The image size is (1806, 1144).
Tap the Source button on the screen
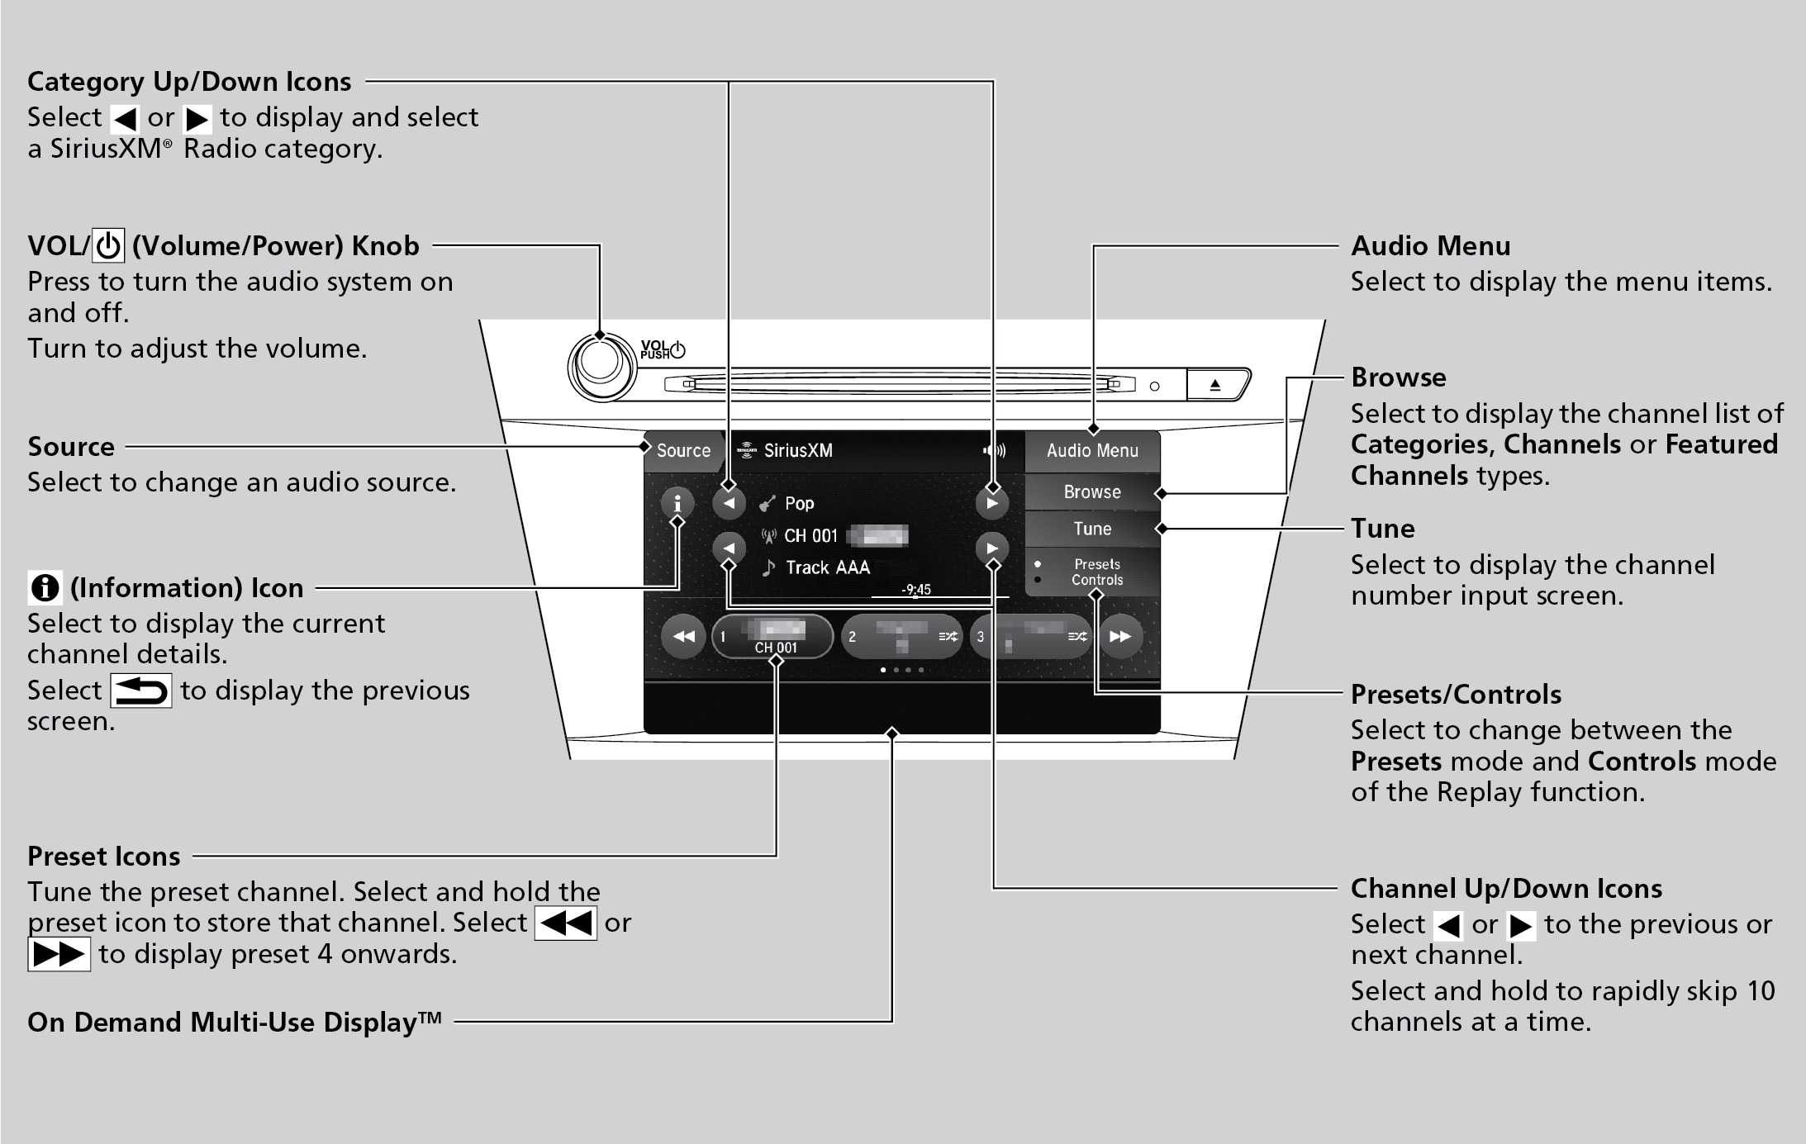pyautogui.click(x=682, y=451)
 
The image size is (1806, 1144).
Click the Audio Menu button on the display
pyautogui.click(x=1091, y=451)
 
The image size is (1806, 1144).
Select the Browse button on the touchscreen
pyautogui.click(x=1091, y=492)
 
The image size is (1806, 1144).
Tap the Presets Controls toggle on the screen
pyautogui.click(x=1095, y=572)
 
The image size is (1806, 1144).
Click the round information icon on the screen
pyautogui.click(x=677, y=502)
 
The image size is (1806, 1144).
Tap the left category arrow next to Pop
pyautogui.click(x=729, y=503)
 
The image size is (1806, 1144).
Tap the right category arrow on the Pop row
pyautogui.click(x=991, y=503)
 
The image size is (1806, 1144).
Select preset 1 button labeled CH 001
pyautogui.click(x=773, y=637)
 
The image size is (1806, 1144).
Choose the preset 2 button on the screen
pyautogui.click(x=901, y=637)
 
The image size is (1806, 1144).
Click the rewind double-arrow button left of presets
pyautogui.click(x=683, y=637)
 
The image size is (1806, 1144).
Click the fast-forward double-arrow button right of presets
pyautogui.click(x=1120, y=637)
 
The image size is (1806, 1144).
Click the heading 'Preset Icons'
pyautogui.click(x=104, y=857)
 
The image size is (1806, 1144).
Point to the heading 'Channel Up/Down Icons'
pyautogui.click(x=1506, y=889)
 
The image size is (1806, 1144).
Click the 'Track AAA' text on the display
pyautogui.click(x=827, y=567)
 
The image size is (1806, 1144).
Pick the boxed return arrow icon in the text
pyautogui.click(x=141, y=691)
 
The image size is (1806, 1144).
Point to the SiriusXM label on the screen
pyautogui.click(x=797, y=451)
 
